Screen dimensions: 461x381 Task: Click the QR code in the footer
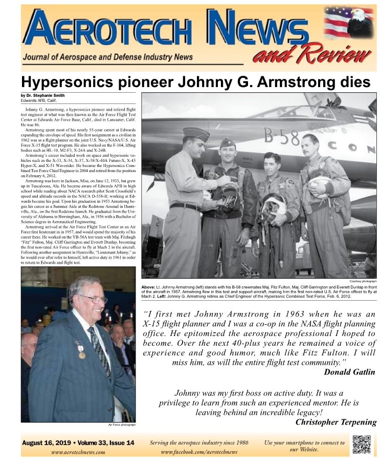(362, 445)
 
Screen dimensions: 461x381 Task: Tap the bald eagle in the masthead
(360, 23)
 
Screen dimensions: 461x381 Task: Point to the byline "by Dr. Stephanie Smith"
(42, 96)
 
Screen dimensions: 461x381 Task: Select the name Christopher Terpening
(336, 422)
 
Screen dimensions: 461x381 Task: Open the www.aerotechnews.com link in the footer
(78, 452)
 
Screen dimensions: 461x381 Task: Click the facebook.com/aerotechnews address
(199, 452)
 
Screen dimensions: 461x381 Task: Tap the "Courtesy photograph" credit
(363, 281)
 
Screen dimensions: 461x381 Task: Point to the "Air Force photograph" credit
(122, 425)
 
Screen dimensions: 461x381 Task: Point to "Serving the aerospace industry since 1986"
(199, 443)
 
